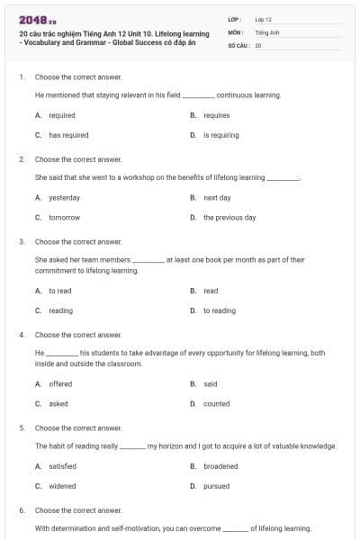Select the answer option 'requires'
[217, 115]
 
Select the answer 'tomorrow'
[64, 217]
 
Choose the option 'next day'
[217, 197]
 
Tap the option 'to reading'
[220, 310]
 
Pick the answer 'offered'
[61, 383]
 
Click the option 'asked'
[58, 403]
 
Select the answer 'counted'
[216, 403]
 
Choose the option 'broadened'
[220, 466]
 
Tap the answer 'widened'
[62, 486]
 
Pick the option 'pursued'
[217, 486]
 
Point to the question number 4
[21, 335]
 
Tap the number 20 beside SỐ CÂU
[258, 44]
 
